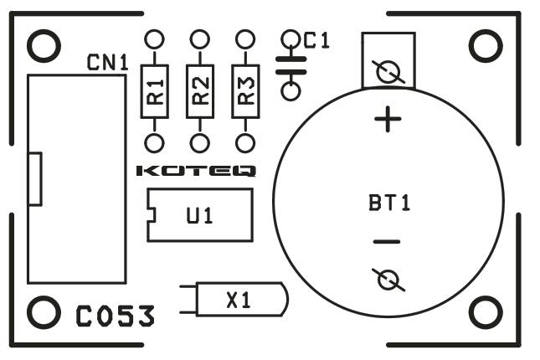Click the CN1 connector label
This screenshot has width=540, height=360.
pyautogui.click(x=107, y=62)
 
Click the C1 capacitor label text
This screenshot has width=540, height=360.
pyautogui.click(x=316, y=41)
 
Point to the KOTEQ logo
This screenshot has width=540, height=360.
pyautogui.click(x=196, y=171)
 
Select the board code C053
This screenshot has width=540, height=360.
pyautogui.click(x=115, y=316)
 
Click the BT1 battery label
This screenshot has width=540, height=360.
pyautogui.click(x=389, y=203)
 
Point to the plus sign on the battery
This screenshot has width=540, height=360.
pyautogui.click(x=388, y=119)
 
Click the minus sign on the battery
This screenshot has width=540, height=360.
pyautogui.click(x=387, y=242)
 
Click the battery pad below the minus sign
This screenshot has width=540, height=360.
pyautogui.click(x=388, y=280)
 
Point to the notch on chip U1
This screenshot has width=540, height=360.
pyautogui.click(x=152, y=215)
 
